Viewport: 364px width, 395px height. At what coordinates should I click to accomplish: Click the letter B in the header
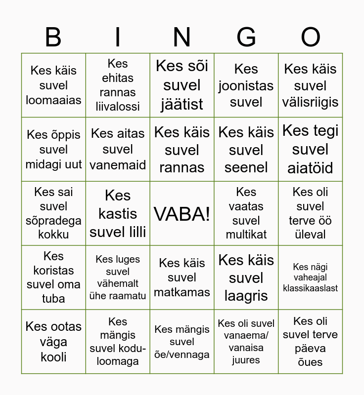[x=53, y=38]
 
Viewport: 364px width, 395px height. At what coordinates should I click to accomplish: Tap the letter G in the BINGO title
[x=246, y=38]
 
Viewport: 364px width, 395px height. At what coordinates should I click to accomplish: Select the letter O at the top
[x=311, y=38]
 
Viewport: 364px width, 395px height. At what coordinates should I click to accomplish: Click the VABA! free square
[x=182, y=214]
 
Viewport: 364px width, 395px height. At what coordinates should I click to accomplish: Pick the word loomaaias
[x=53, y=100]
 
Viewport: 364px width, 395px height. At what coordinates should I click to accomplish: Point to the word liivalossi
[x=118, y=106]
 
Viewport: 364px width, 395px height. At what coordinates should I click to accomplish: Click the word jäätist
[x=182, y=104]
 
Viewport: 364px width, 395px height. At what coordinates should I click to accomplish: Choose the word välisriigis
[x=311, y=102]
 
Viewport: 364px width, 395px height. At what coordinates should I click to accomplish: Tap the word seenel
[x=246, y=167]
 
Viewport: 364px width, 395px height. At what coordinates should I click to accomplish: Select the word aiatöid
[x=311, y=168]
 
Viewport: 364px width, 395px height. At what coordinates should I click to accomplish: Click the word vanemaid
[x=118, y=164]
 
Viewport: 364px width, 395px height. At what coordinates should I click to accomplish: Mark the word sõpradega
[x=53, y=220]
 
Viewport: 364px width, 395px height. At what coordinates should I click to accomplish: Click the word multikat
[x=246, y=235]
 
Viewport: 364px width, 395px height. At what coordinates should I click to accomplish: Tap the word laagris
[x=246, y=296]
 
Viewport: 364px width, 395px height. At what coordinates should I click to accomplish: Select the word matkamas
[x=182, y=292]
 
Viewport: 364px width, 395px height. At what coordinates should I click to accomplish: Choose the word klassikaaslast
[x=311, y=288]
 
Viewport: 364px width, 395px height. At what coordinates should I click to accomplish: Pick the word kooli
[x=53, y=357]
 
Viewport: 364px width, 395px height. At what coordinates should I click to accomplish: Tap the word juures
[x=246, y=360]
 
